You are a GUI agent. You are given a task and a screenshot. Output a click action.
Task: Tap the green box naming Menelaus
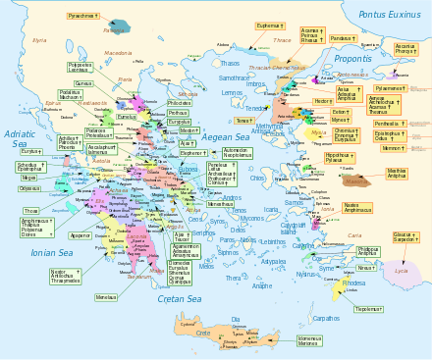(107, 296)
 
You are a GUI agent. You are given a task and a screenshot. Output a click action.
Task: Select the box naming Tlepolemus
(368, 309)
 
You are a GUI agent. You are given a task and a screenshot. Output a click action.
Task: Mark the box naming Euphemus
(270, 26)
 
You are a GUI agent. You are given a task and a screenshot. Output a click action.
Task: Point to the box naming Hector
(323, 101)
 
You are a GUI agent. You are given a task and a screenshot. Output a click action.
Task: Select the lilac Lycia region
(401, 269)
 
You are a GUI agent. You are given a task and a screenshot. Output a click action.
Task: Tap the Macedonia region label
(117, 53)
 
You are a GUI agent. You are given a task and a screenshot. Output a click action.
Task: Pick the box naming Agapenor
(81, 236)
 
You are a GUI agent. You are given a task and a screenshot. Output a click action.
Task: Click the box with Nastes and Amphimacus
(357, 207)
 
